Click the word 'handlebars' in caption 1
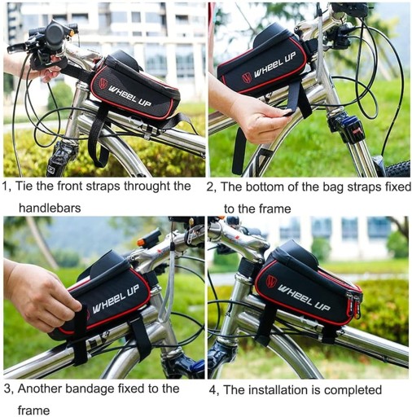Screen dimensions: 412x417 (x=50, y=208)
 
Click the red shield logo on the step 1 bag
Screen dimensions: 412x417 (x=103, y=83)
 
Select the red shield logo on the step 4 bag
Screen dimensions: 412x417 (x=271, y=281)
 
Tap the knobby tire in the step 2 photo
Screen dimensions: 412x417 (x=398, y=169)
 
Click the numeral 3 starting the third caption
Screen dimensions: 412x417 (x=7, y=389)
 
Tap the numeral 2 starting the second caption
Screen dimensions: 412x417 (x=210, y=187)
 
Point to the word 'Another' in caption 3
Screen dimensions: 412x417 (x=40, y=388)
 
